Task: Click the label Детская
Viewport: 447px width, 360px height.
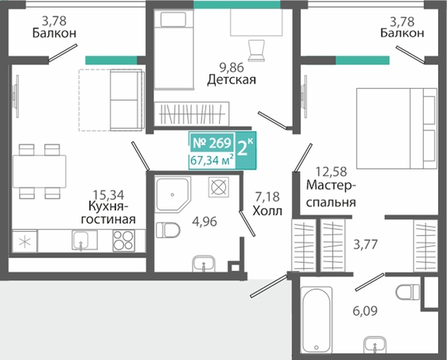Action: [x=232, y=80]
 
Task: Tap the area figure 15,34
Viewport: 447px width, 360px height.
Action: [x=108, y=195]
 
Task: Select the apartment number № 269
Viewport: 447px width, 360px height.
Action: [x=211, y=143]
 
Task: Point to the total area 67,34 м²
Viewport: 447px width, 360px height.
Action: [x=212, y=160]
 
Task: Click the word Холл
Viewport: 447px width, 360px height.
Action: [x=267, y=211]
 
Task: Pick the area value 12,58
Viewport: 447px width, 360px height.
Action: [x=331, y=172]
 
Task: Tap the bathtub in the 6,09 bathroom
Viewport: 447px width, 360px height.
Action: [x=316, y=319]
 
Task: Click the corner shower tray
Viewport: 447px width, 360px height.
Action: [x=172, y=194]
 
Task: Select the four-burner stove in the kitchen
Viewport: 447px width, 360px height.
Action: [x=123, y=240]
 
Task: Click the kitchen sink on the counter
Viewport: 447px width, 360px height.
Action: [x=81, y=240]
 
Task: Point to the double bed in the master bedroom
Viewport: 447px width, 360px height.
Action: [x=397, y=128]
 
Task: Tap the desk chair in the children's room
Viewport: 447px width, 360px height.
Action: [x=257, y=50]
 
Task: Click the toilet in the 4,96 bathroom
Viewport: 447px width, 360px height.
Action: [x=168, y=230]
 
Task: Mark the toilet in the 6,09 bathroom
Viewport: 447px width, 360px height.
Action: [x=408, y=291]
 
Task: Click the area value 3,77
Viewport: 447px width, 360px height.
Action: [x=366, y=245]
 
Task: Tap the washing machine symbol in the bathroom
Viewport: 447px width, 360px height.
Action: [x=218, y=187]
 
